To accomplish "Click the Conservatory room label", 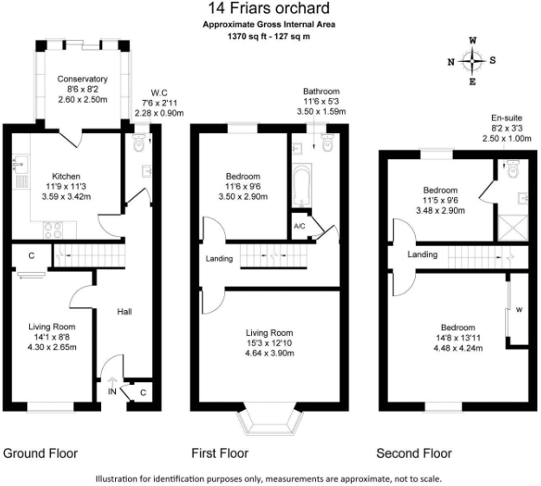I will [82, 79].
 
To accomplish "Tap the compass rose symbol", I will [472, 61].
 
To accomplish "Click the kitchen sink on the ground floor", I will [21, 164].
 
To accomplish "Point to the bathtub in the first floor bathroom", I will [302, 186].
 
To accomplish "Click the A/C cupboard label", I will [299, 226].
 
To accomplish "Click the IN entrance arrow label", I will [112, 391].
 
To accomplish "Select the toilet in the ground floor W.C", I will [138, 143].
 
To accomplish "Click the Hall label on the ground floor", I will [124, 312].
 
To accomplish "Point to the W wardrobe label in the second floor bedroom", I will [519, 310].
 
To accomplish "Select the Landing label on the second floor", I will [422, 255].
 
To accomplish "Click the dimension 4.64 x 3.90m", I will [269, 353].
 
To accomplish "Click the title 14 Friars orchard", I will [269, 8].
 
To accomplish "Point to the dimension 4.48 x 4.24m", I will [458, 348].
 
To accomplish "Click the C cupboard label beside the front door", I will [143, 393].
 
